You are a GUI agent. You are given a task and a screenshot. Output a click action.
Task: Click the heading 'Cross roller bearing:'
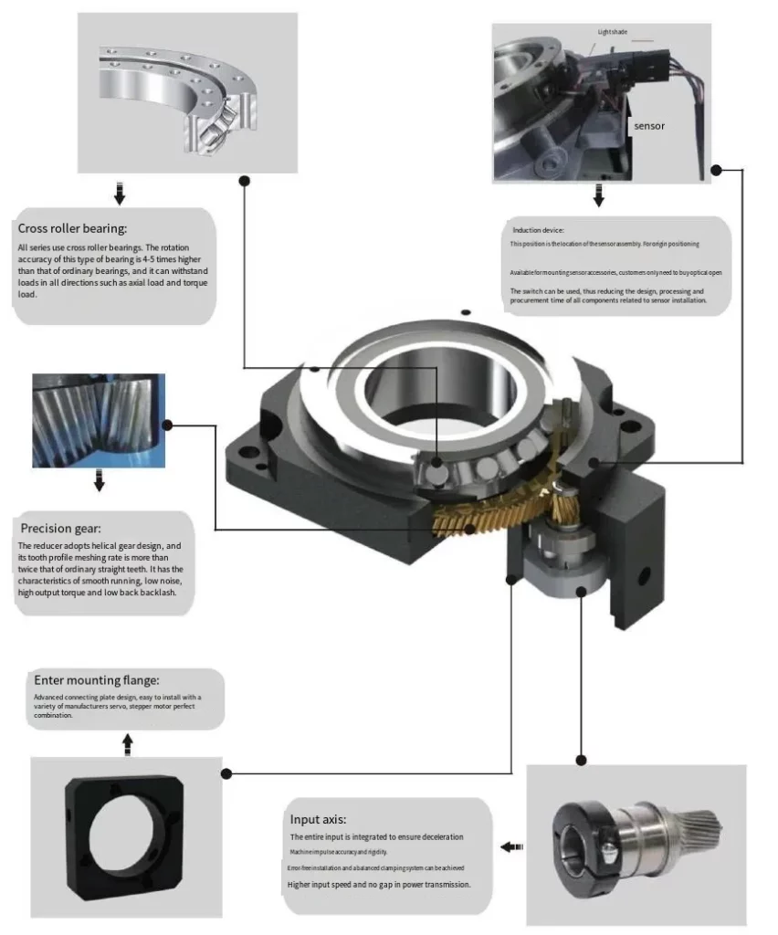coord(72,228)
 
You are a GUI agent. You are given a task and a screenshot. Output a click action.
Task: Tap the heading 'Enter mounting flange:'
coord(97,680)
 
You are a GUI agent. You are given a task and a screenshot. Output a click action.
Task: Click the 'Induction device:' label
coord(538,230)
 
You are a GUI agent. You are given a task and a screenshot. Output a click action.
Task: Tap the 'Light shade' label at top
coord(614,32)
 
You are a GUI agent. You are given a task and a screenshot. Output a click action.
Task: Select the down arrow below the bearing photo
coord(119,194)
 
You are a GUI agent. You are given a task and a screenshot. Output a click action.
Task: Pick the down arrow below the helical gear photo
coord(99,480)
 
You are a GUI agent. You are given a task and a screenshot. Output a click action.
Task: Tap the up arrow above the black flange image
coord(127,745)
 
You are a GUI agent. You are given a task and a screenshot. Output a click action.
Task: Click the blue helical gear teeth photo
coord(99,419)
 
